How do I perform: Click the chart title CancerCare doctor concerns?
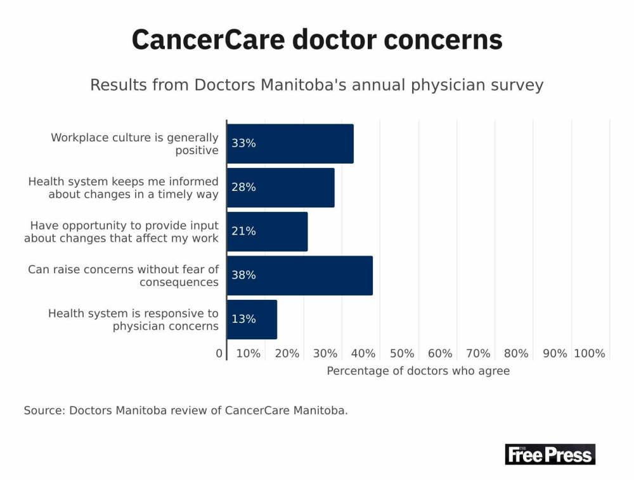[x=317, y=40]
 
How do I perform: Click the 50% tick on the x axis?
[x=402, y=354]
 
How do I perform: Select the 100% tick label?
[x=590, y=354]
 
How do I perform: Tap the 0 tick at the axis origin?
[x=219, y=354]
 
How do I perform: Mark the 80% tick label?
[x=516, y=354]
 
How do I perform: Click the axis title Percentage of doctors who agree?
[x=418, y=371]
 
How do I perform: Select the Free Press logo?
[x=550, y=454]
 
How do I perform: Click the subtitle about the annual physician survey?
[x=317, y=85]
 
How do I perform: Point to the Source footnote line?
[x=186, y=410]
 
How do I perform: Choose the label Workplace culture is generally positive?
[x=134, y=144]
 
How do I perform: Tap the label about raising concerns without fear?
[x=123, y=276]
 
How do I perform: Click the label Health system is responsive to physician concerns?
[x=133, y=320]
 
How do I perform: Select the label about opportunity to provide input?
[x=121, y=232]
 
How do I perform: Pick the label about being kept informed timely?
[x=123, y=188]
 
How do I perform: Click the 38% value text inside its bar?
[x=243, y=275]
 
